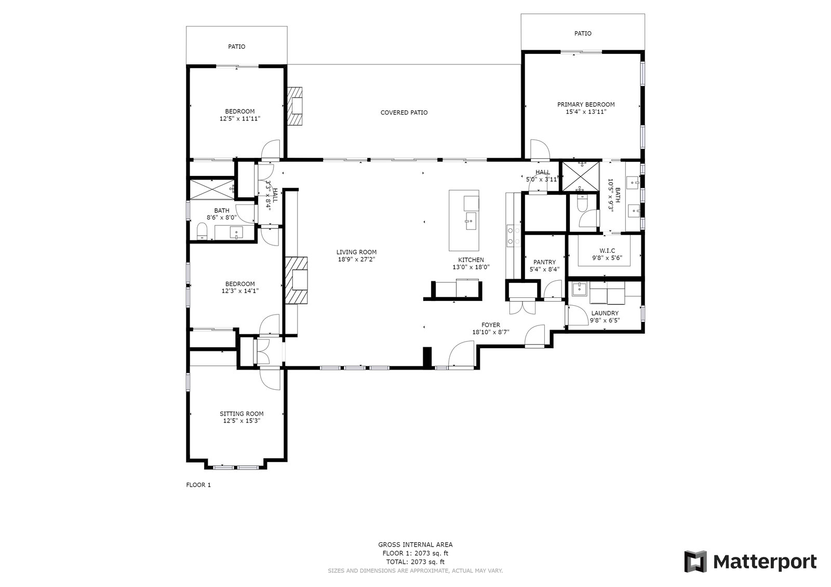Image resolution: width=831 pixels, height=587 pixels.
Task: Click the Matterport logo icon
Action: [x=695, y=562]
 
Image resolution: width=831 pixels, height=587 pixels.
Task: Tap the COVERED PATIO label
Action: [x=404, y=112]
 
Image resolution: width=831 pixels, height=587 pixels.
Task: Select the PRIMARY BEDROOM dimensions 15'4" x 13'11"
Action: [x=586, y=112]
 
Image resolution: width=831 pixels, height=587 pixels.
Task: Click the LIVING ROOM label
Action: [x=356, y=252]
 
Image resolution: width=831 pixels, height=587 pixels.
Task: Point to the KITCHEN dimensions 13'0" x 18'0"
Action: [x=471, y=267]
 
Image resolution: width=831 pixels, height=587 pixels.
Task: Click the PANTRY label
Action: [x=545, y=262]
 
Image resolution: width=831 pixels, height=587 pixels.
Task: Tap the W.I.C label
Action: [x=607, y=251]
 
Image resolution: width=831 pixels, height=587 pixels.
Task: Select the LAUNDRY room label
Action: [x=605, y=313]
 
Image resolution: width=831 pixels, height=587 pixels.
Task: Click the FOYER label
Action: [x=490, y=325]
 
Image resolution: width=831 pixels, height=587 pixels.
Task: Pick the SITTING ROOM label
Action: [x=242, y=414]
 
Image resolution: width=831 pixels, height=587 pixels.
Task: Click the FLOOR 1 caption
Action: [x=198, y=485]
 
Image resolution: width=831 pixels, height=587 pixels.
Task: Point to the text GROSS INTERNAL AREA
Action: [x=415, y=544]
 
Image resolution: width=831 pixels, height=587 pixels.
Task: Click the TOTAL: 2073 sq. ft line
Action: [x=415, y=562]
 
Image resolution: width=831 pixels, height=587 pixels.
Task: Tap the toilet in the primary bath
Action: [x=581, y=203]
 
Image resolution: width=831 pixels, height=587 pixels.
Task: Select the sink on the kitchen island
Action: [x=471, y=221]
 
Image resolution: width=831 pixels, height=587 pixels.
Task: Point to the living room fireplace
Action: [x=296, y=280]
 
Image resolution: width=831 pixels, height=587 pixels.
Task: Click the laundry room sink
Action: [x=579, y=289]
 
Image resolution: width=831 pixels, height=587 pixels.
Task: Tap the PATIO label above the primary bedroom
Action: [x=583, y=33]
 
